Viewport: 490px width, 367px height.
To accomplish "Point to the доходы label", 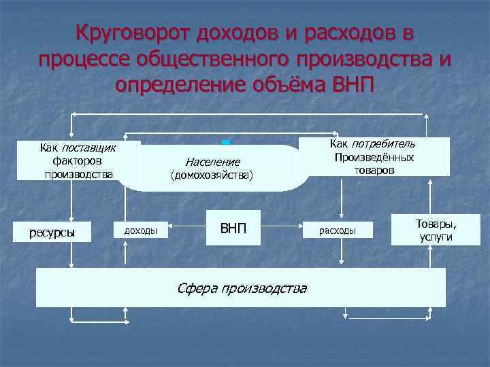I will pyautogui.click(x=140, y=231).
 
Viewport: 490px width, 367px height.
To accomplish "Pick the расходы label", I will pyautogui.click(x=339, y=231).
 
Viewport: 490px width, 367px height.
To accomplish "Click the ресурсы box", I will pyautogui.click(x=52, y=232).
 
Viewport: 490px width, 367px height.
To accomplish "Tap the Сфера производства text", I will pyautogui.click(x=242, y=288).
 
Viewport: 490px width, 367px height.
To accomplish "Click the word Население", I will pyautogui.click(x=212, y=162).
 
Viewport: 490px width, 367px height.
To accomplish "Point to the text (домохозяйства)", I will pyautogui.click(x=212, y=175).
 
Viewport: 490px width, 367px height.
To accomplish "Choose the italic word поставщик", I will pyautogui.click(x=88, y=147).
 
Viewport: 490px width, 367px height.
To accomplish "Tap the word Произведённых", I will pyautogui.click(x=374, y=157).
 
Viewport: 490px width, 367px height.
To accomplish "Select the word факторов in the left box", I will pyautogui.click(x=77, y=161).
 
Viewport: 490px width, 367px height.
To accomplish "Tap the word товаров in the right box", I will pyautogui.click(x=374, y=170).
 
